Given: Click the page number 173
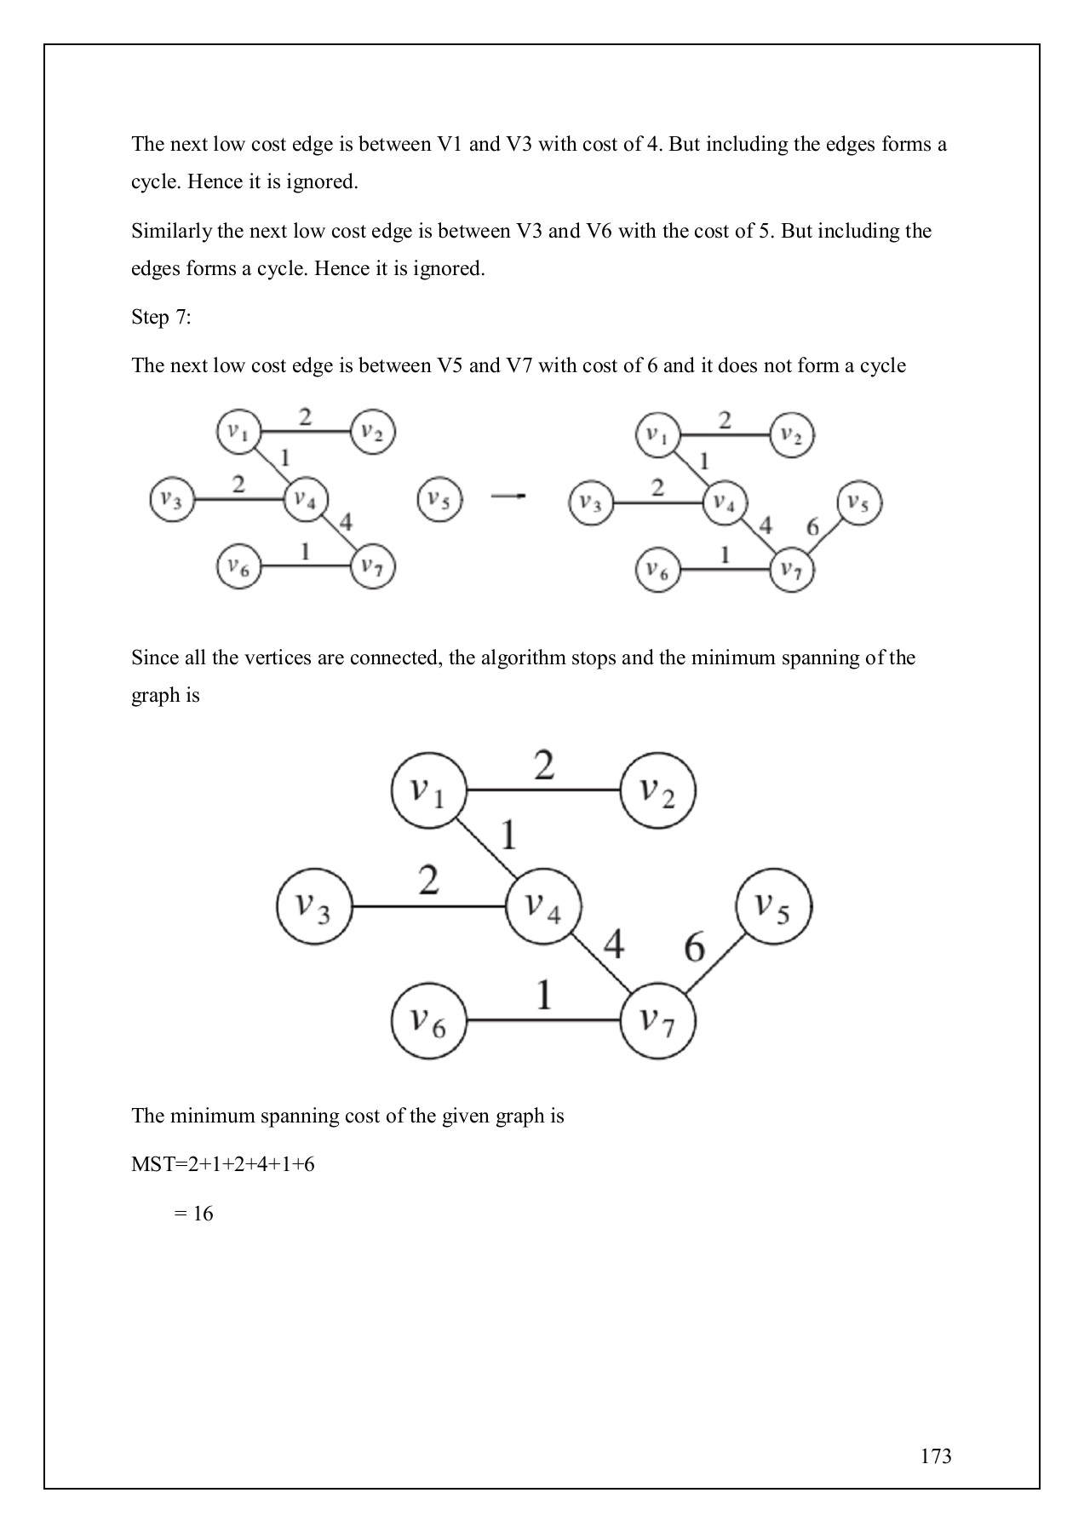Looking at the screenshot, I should pos(935,1455).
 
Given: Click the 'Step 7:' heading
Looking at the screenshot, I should pos(161,318).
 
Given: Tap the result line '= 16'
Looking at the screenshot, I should pos(193,1214).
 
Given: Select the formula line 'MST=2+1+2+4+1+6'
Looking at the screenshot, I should pos(222,1164).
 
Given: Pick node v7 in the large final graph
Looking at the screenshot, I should pos(657,1020).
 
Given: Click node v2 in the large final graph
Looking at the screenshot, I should pos(657,790).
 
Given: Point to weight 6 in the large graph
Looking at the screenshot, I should pos(695,947).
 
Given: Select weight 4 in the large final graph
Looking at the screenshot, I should pos(614,944).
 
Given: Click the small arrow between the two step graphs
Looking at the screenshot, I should pos(508,496).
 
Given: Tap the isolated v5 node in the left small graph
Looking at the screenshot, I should pos(439,499).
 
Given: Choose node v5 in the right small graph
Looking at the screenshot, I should pos(858,503).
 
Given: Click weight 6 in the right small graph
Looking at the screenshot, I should pos(812,527).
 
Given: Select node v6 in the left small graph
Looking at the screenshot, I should pos(238,566).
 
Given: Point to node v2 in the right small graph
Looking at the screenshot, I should pos(792,436).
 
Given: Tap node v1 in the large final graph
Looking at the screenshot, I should pos(428,790).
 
